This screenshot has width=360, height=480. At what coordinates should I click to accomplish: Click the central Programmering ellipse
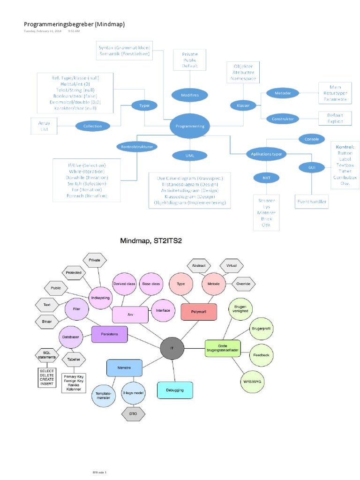point(189,126)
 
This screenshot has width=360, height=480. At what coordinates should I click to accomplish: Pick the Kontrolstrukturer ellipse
point(136,146)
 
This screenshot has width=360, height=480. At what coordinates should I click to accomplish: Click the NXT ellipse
point(266,178)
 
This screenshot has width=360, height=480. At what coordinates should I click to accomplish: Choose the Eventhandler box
point(312,202)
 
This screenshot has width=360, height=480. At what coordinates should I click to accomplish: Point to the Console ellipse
point(312,139)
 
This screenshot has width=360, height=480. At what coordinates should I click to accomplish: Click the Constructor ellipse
point(283,119)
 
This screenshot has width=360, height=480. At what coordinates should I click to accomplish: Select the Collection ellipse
point(92,126)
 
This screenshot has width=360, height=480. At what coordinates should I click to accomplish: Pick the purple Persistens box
point(109,334)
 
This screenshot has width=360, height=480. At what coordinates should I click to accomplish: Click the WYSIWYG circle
point(252,382)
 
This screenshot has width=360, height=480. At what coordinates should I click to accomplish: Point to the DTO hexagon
point(134,413)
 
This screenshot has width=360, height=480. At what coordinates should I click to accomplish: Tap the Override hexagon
point(243,284)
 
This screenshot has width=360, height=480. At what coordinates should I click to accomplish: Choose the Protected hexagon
point(74,272)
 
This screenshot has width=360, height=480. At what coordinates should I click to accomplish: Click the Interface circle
point(163,310)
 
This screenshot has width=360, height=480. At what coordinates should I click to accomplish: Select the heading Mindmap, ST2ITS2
point(150,241)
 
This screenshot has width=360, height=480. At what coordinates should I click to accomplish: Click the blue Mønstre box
point(124,367)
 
